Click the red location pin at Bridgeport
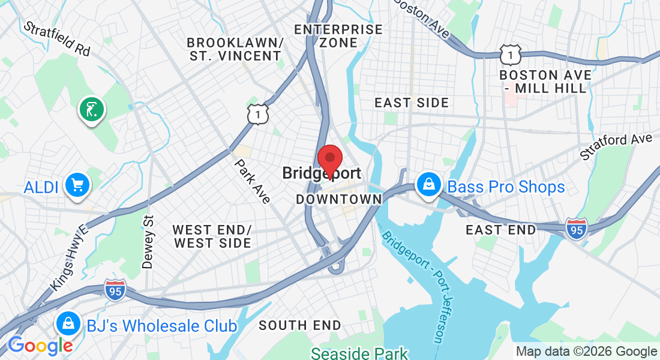[x=329, y=160]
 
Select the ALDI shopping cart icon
[x=77, y=185]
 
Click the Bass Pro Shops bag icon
[x=430, y=185]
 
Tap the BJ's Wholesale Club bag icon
[x=68, y=325]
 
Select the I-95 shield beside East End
[x=576, y=229]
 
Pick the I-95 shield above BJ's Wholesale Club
[x=115, y=290]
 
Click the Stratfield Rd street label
[x=56, y=39]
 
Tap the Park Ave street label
[x=252, y=181]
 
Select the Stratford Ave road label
[x=616, y=146]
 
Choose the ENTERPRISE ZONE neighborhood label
[x=338, y=36]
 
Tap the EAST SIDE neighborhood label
[x=412, y=103]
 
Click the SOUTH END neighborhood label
[x=299, y=325]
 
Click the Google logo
[x=40, y=345]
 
